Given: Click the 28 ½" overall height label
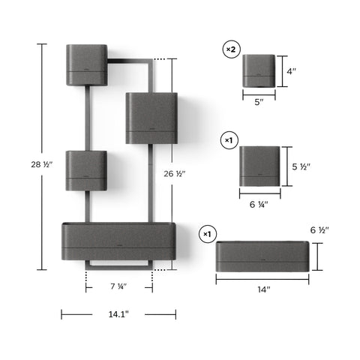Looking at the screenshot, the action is [42, 164].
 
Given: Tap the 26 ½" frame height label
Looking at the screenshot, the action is [175, 174].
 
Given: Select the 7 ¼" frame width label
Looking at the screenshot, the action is [118, 286].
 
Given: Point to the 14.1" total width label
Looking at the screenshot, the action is [118, 314].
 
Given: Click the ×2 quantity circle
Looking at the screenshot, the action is [231, 49].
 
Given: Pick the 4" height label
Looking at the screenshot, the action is [291, 71].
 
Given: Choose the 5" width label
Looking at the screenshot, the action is [259, 102].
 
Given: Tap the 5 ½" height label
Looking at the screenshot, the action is [301, 166].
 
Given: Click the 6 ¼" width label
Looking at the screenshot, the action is [259, 205].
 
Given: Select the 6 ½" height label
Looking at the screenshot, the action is [319, 230].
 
